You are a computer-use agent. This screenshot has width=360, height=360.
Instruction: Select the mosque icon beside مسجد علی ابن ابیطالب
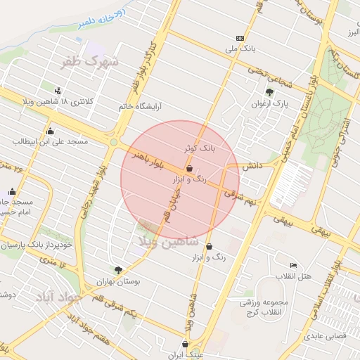click(49, 131)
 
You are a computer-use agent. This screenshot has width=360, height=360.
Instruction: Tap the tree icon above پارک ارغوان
click(270, 92)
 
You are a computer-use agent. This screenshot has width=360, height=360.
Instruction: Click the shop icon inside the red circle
click(190, 169)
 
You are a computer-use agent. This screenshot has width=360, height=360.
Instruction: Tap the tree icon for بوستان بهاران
click(118, 269)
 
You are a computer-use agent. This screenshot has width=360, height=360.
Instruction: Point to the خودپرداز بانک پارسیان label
click(36, 246)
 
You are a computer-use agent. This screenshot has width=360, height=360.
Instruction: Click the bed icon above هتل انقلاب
click(292, 265)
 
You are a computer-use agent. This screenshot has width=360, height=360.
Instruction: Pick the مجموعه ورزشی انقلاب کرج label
click(259, 307)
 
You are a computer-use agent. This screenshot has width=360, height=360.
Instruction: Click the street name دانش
click(253, 166)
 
